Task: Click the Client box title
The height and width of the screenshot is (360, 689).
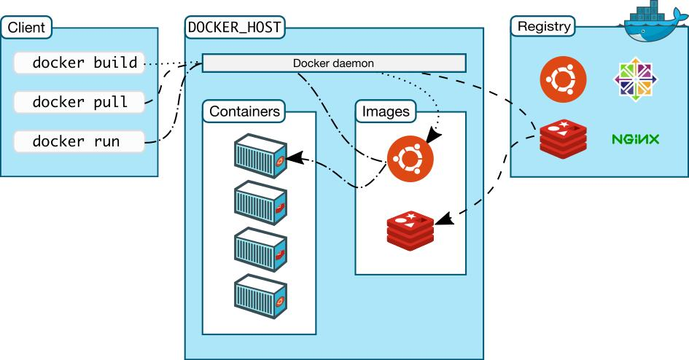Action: [x=27, y=28]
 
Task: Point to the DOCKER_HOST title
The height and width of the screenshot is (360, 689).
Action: [x=235, y=28]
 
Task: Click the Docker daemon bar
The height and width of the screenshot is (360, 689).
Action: [x=333, y=63]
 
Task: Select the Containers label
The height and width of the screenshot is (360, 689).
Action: [x=244, y=111]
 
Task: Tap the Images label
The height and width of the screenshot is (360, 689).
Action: [x=386, y=111]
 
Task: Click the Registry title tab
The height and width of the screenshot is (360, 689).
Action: [x=543, y=27]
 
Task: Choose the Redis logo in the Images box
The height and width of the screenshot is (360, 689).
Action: [x=410, y=227]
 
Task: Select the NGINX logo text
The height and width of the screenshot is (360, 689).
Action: [x=635, y=138]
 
